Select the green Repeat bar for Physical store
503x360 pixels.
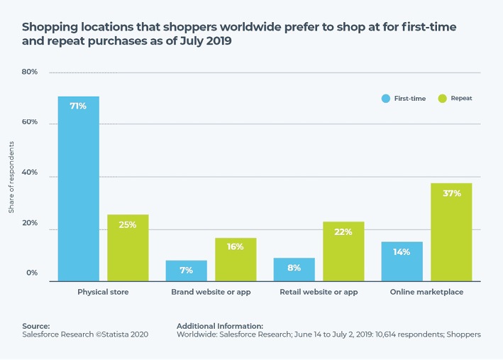point(128,248)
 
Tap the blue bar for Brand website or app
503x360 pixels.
point(186,271)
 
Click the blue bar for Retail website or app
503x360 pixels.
point(294,269)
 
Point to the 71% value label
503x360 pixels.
point(78,106)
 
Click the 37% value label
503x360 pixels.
point(452,192)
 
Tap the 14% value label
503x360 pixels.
point(402,251)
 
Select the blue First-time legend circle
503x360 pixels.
point(385,98)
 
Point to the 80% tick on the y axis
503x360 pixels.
point(29,72)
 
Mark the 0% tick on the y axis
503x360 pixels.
point(32,273)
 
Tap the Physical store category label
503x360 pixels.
point(103,291)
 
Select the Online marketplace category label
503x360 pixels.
point(426,291)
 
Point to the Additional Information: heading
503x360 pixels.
point(219,325)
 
